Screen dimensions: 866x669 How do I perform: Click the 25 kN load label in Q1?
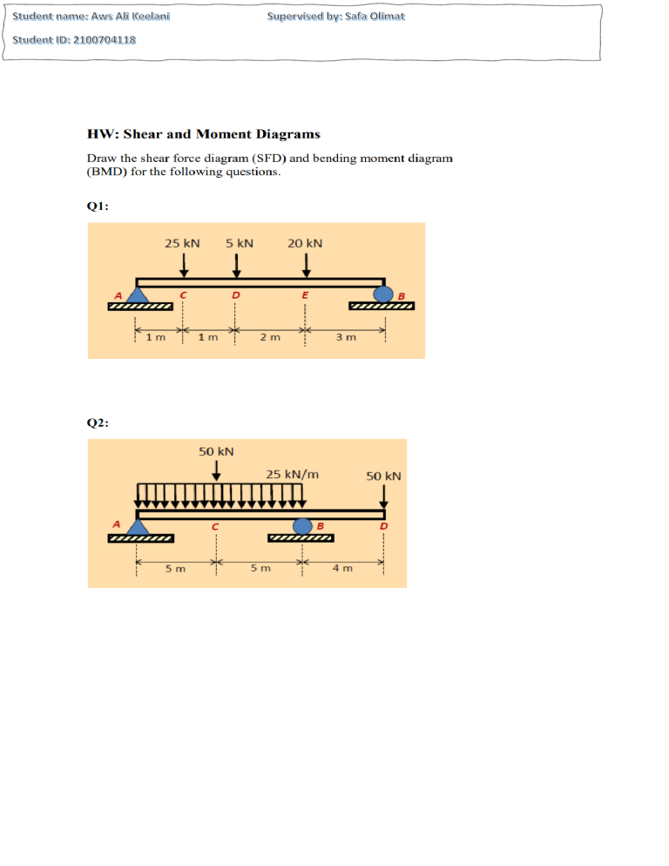coord(182,243)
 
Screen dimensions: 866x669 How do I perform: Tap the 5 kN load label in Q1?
coord(240,243)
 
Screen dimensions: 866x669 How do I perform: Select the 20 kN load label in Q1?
coord(305,243)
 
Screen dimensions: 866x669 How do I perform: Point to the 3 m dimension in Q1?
coord(346,337)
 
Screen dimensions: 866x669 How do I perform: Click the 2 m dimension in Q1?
coord(270,337)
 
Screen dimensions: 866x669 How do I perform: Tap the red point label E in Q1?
coord(305,295)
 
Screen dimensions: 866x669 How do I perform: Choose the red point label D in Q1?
coord(235,295)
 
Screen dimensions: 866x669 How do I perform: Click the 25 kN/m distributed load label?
coord(292,475)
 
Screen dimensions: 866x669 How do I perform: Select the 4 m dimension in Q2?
coord(342,568)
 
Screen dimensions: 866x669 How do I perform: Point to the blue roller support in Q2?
coord(302,526)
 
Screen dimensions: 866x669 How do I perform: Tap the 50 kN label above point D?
coord(383,476)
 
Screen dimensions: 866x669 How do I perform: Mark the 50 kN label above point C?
coord(216,451)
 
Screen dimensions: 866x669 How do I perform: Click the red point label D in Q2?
coord(383,526)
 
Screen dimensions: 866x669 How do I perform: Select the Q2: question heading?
coord(98,423)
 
